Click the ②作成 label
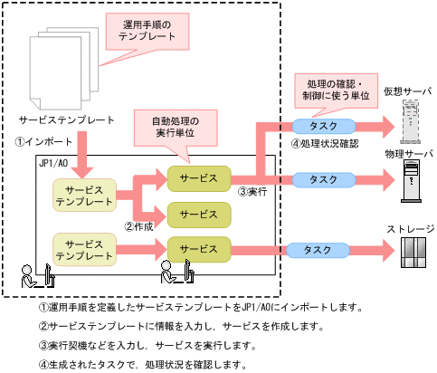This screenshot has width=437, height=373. click(140, 226)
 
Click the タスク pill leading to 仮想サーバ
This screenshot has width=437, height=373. click(324, 125)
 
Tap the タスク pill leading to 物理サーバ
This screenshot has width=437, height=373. click(324, 179)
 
